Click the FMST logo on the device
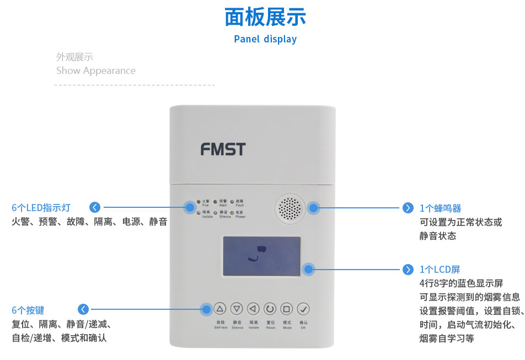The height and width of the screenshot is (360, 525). tap(223, 149)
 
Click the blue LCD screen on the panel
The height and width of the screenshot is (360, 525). tap(261, 256)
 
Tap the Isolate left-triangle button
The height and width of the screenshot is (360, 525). tap(253, 309)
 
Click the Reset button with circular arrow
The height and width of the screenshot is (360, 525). tap(270, 309)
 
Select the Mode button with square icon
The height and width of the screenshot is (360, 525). tap(287, 309)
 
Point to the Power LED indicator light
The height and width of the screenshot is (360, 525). tap(232, 212)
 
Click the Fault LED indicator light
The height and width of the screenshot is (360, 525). tap(232, 202)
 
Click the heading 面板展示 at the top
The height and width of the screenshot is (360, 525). tap(265, 17)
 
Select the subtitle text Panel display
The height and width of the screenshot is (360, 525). tap(265, 39)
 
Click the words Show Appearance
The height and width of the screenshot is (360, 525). tap(96, 71)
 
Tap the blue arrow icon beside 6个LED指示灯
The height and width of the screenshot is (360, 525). tap(95, 207)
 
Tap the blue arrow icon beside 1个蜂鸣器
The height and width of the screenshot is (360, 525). tap(408, 208)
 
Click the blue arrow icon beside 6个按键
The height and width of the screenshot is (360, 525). tap(83, 309)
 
